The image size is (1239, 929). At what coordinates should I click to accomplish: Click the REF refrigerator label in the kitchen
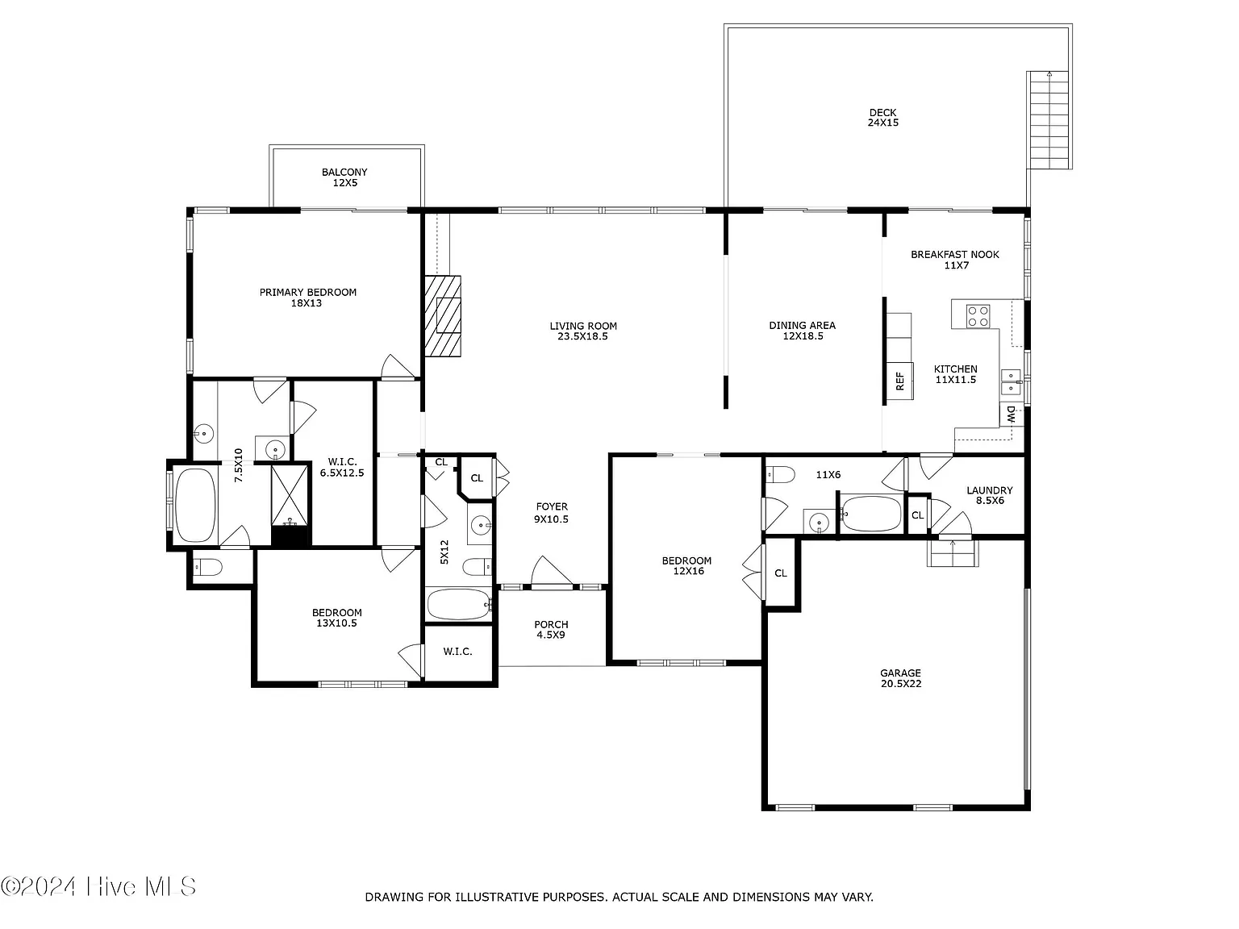click(899, 381)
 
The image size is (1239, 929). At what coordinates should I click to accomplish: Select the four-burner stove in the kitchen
click(978, 316)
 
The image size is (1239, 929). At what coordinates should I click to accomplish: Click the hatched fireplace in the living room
click(443, 316)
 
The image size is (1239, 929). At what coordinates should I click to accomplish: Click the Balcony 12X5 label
click(344, 177)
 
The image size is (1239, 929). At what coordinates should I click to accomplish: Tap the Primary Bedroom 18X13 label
click(307, 298)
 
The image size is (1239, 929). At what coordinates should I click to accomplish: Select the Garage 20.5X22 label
click(900, 678)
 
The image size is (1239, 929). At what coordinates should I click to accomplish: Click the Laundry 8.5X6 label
click(990, 495)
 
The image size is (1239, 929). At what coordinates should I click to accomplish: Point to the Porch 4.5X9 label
click(551, 630)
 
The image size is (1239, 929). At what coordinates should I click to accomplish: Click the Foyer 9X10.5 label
click(552, 513)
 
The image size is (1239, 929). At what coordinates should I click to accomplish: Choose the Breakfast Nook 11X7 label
click(955, 260)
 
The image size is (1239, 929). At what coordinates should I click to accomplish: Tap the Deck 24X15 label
click(882, 117)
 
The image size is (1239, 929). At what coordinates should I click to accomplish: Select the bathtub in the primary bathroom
click(195, 505)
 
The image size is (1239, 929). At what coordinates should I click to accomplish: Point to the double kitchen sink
click(1011, 382)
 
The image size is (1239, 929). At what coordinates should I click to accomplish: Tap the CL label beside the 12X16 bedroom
click(781, 573)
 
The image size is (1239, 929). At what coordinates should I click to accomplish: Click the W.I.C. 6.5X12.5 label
click(342, 467)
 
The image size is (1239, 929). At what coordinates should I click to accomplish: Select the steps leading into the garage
click(953, 553)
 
